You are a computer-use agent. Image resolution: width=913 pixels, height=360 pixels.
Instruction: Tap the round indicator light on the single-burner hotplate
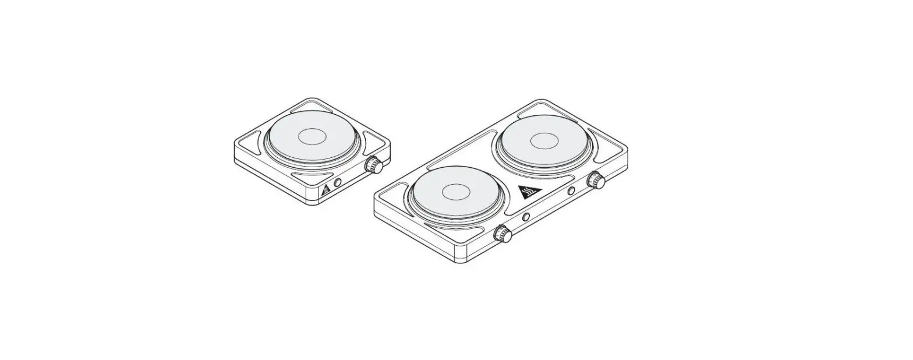337,183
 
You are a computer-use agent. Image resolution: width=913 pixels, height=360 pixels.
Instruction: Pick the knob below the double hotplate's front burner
503,234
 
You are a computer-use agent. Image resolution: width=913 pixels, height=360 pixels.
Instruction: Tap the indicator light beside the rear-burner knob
571,191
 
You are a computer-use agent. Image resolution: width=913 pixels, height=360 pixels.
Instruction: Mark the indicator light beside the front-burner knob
526,217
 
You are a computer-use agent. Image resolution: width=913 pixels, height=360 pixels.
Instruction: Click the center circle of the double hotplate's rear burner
545,140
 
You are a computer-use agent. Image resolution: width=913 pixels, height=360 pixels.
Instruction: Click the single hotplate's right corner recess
376,140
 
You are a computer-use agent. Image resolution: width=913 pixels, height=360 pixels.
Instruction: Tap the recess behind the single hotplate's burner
312,108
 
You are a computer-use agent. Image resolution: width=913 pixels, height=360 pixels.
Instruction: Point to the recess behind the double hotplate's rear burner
546,110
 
